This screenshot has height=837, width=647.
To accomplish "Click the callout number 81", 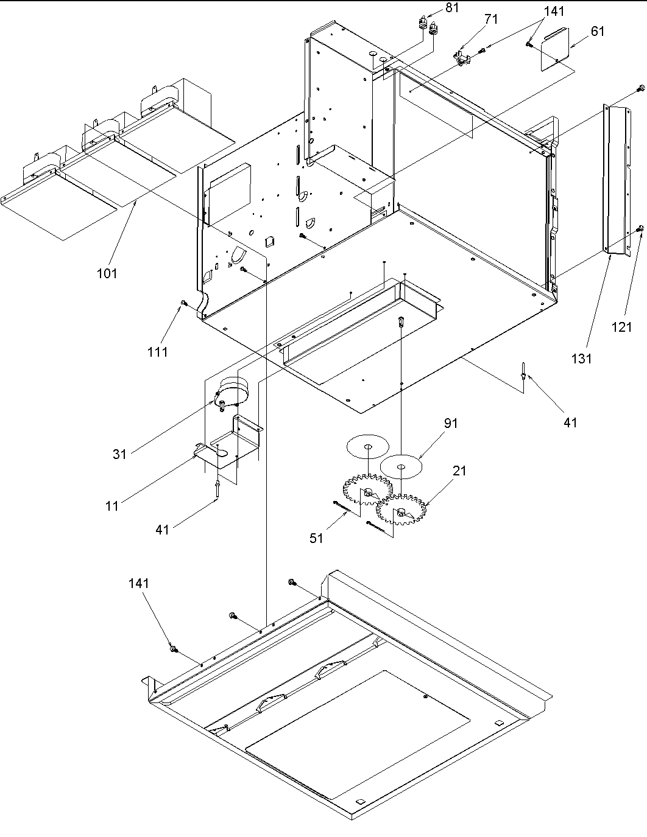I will [x=452, y=7].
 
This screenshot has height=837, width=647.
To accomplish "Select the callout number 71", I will [x=490, y=19].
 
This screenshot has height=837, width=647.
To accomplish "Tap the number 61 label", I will [x=598, y=30].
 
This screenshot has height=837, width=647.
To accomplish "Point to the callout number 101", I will [x=107, y=273].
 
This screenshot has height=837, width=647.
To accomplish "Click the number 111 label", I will [x=157, y=351].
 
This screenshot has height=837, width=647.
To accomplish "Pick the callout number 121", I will [x=621, y=327].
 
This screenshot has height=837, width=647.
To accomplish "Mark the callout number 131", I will [x=581, y=359].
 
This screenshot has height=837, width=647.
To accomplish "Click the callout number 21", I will [x=459, y=470].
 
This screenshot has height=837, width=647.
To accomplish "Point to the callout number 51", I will [x=316, y=538].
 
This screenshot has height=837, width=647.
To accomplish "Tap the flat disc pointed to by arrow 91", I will [x=401, y=467].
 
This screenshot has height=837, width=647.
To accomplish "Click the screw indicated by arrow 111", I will [x=182, y=303].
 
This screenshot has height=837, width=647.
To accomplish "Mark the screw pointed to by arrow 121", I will [x=640, y=228].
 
